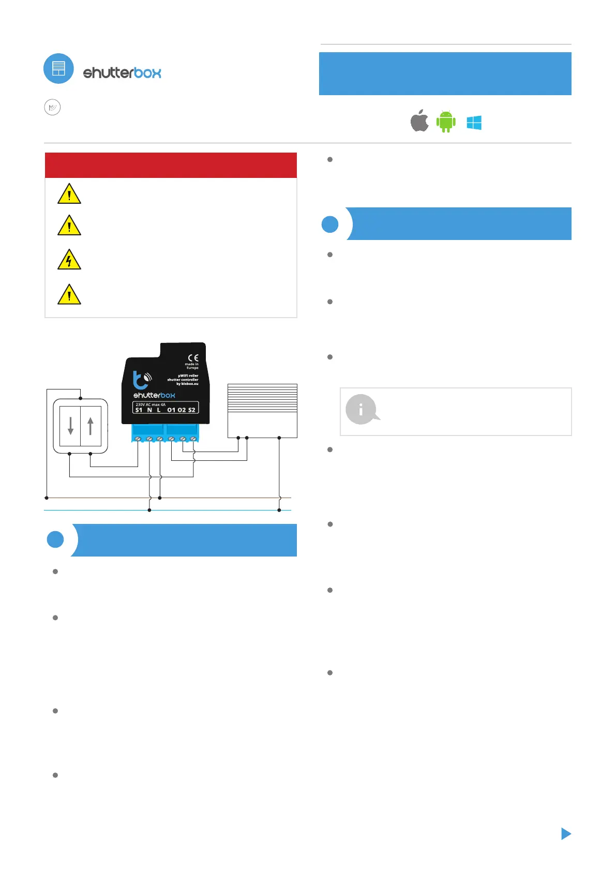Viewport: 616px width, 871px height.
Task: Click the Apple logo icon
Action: click(x=419, y=121)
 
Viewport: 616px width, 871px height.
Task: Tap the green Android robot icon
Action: click(x=446, y=122)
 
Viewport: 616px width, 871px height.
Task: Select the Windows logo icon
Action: click(x=474, y=123)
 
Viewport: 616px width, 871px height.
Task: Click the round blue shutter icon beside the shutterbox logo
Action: click(x=58, y=68)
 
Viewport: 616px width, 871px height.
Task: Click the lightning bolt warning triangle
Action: click(x=69, y=260)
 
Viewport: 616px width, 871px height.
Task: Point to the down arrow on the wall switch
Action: click(x=71, y=426)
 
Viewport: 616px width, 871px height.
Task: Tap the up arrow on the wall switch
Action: click(x=91, y=426)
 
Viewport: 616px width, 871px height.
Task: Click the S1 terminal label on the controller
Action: click(x=139, y=410)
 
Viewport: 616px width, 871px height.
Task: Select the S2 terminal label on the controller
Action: click(x=191, y=410)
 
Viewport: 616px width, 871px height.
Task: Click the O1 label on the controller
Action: click(x=171, y=410)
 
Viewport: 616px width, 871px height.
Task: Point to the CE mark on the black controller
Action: click(x=193, y=357)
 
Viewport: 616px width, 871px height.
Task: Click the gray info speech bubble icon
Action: click(x=362, y=409)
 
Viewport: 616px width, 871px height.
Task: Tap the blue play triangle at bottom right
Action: click(x=566, y=833)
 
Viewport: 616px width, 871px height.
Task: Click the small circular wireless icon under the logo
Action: click(x=52, y=107)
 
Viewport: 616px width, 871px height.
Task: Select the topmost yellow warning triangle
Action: click(x=69, y=194)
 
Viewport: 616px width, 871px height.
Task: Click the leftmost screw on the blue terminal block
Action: click(x=138, y=439)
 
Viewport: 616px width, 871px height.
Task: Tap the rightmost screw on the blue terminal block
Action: click(x=193, y=439)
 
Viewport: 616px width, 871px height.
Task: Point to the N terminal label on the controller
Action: click(x=149, y=410)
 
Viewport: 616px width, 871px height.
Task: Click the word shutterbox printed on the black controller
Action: click(x=154, y=395)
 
